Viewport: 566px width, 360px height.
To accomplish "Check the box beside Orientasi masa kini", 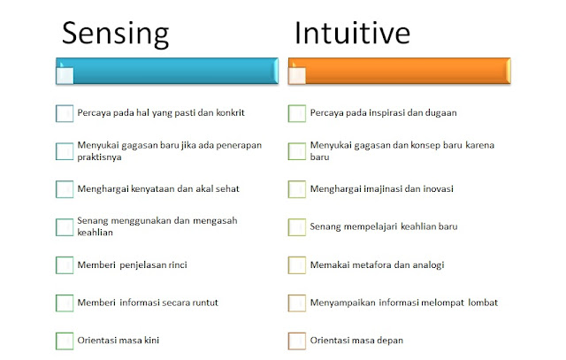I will pos(64,341).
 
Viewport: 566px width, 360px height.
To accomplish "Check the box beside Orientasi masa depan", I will pos(297,341).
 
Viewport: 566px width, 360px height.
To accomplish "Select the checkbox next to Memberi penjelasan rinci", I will pos(64,264).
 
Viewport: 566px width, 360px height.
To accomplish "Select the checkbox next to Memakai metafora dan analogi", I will pos(297,264).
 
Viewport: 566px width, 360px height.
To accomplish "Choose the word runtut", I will pos(202,303).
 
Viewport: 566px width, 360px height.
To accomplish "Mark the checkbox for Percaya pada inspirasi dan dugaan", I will pos(297,113).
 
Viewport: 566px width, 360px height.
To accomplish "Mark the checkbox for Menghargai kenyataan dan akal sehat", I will pos(64,189).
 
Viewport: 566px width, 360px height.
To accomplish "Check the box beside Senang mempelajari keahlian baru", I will pos(297,226).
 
